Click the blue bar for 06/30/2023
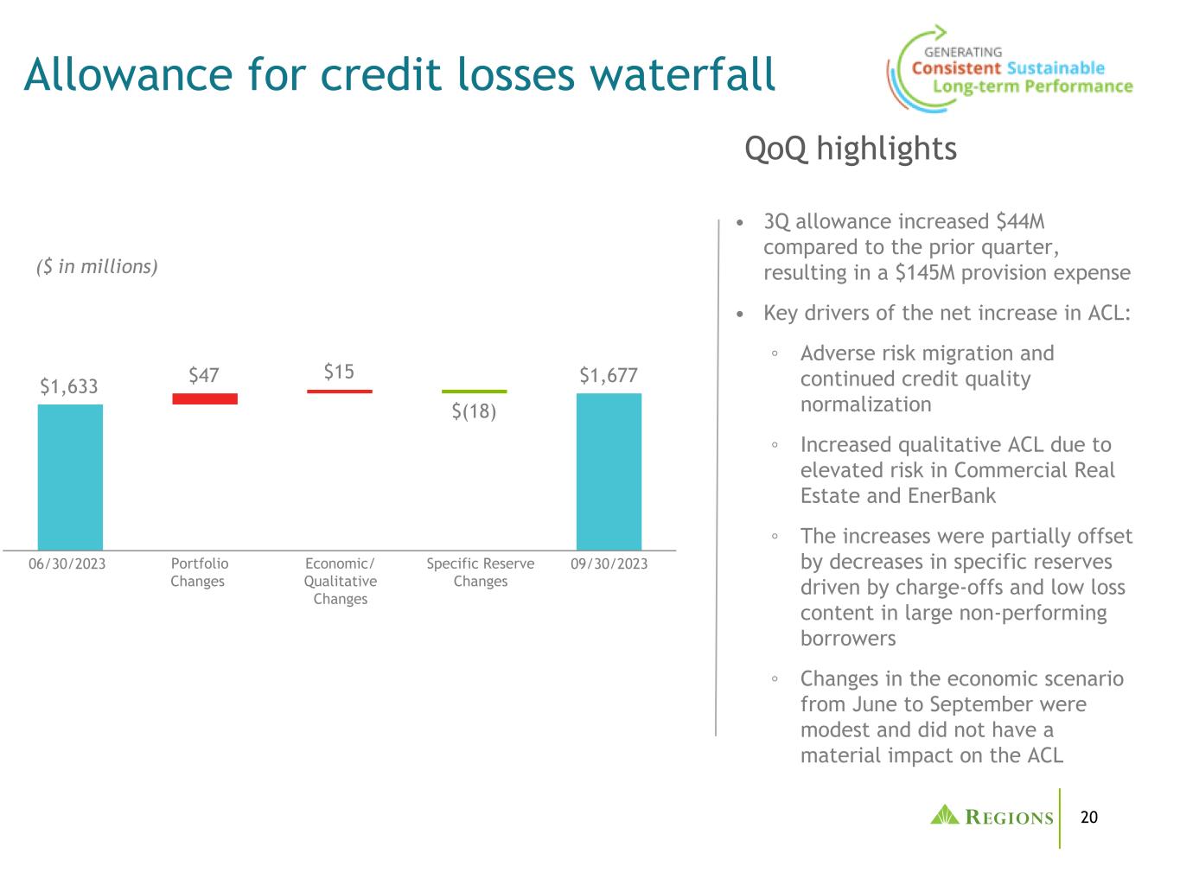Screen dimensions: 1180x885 pos(70,477)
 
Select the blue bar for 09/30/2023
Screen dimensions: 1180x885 pos(609,472)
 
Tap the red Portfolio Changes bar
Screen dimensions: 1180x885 pos(205,398)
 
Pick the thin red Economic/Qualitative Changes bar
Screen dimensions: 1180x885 pos(339,392)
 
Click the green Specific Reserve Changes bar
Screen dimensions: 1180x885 pos(474,392)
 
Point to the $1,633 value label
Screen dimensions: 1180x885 pos(69,386)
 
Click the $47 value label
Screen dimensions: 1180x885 pos(204,375)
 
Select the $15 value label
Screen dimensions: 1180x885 pos(339,372)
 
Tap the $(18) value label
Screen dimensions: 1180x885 pos(474,411)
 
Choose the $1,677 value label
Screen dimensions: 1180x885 pos(609,375)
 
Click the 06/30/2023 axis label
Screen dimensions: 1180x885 pos(67,563)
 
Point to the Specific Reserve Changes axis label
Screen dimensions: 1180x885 pos(481,572)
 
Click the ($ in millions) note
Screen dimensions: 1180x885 pos(97,266)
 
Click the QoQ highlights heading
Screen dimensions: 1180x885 pos(851,149)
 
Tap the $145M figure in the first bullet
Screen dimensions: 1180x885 pos(925,272)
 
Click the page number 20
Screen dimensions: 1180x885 pos(1088,818)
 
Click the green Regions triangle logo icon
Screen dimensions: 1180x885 pos(945,815)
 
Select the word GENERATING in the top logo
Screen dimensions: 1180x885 pos(963,52)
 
